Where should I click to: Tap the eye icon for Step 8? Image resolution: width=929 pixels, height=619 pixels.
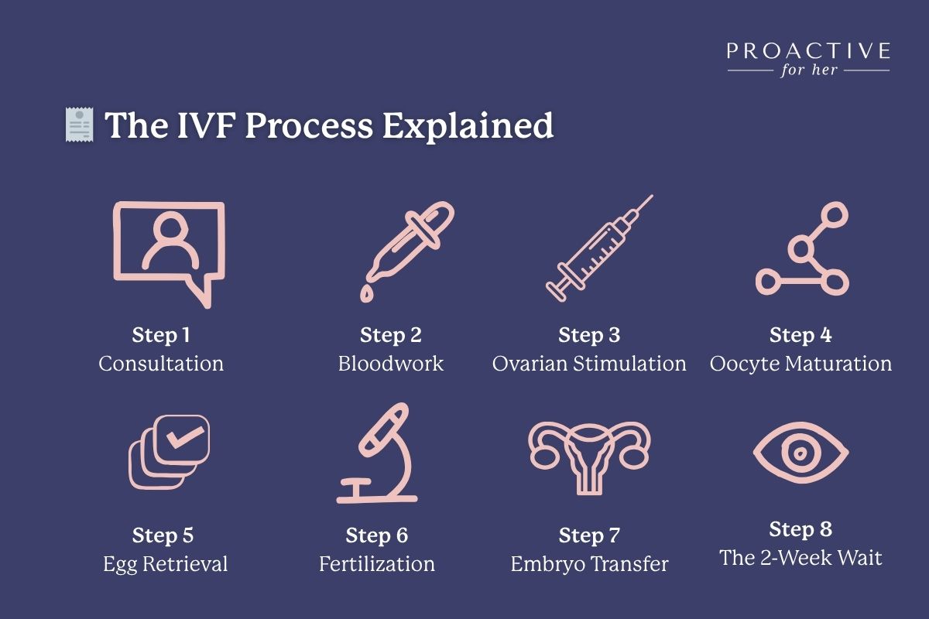point(800,453)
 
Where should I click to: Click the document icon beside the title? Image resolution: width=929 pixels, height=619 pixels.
point(78,125)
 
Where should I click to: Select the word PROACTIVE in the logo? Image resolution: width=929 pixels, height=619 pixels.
point(808,52)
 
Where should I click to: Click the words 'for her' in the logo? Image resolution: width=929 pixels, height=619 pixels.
point(808,72)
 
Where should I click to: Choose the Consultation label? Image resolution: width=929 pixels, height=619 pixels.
point(161,364)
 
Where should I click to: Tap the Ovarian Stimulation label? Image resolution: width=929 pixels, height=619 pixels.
point(589,364)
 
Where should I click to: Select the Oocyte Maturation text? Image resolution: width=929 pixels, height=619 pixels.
point(800,364)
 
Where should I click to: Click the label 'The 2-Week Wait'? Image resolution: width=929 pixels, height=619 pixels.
point(800,558)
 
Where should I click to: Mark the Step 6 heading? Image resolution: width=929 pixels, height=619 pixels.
point(377,535)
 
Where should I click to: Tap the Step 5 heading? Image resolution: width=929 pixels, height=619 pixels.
point(163,535)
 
